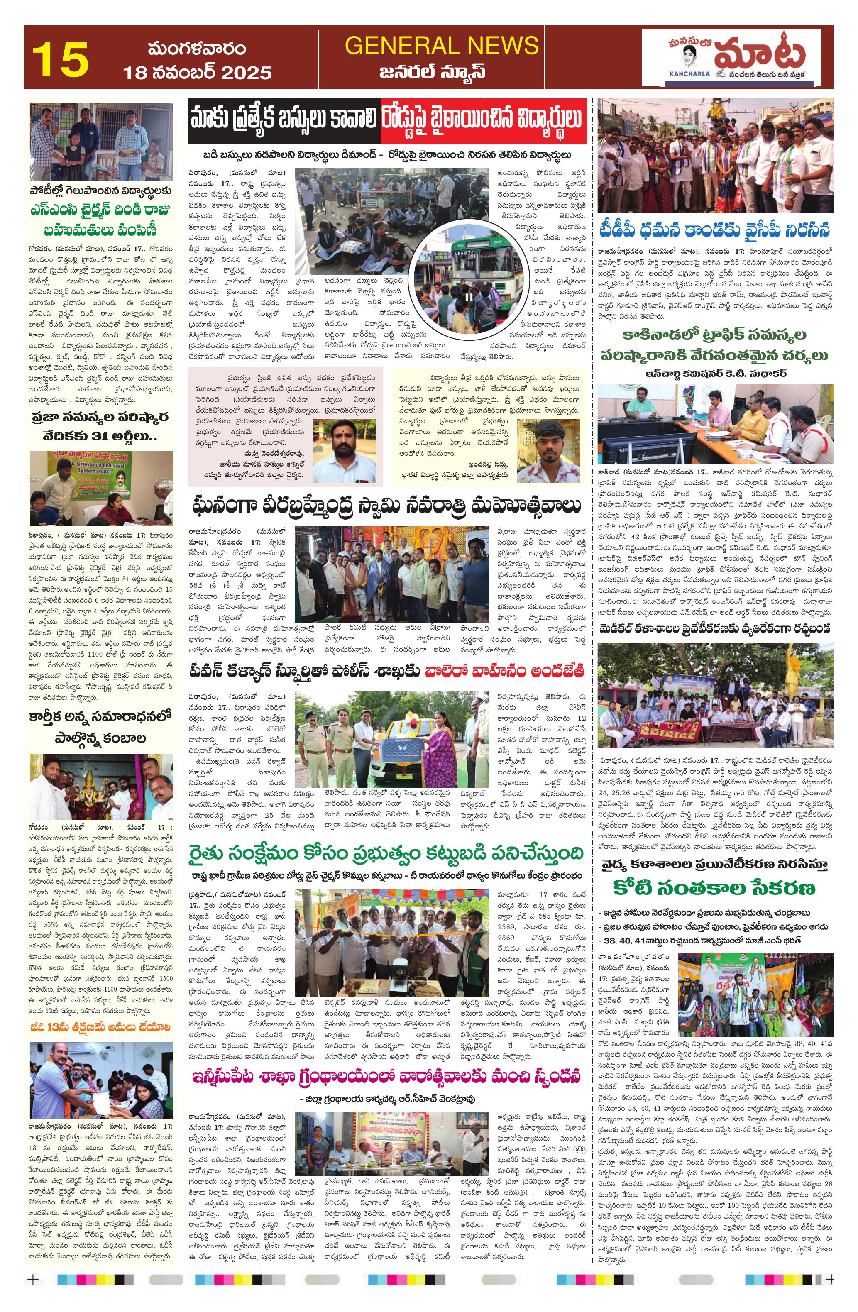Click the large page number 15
pyautogui.click(x=61, y=59)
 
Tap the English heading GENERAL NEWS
pyautogui.click(x=441, y=45)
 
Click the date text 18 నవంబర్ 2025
pyautogui.click(x=197, y=72)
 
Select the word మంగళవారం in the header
pyautogui.click(x=196, y=50)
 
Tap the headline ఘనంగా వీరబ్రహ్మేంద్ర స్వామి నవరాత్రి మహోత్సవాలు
pyautogui.click(x=387, y=506)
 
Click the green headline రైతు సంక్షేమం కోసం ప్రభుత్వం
pyautogui.click(x=387, y=853)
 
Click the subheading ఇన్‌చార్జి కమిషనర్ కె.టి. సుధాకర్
pyautogui.click(x=715, y=374)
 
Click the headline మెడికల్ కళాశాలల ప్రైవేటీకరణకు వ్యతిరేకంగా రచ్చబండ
pyautogui.click(x=715, y=629)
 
